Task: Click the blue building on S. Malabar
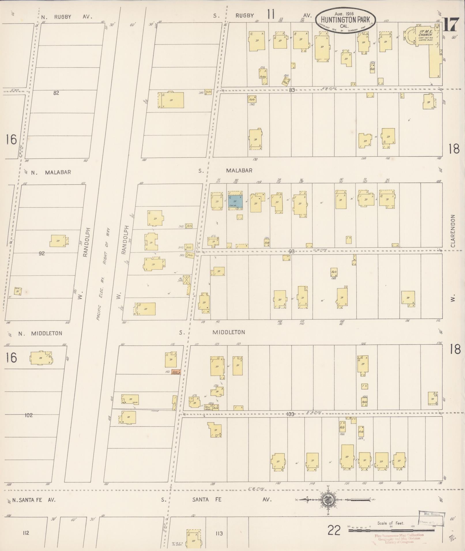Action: click(235, 201)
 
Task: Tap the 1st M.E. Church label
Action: click(425, 33)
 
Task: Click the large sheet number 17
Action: click(450, 24)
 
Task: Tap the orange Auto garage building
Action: click(176, 372)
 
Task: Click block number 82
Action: click(56, 93)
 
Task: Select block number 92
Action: click(42, 253)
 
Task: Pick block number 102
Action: click(29, 415)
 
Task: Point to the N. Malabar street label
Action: click(51, 172)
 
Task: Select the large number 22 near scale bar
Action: click(334, 530)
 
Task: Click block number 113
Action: click(219, 533)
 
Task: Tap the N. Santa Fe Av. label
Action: click(34, 500)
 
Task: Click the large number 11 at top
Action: click(270, 14)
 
